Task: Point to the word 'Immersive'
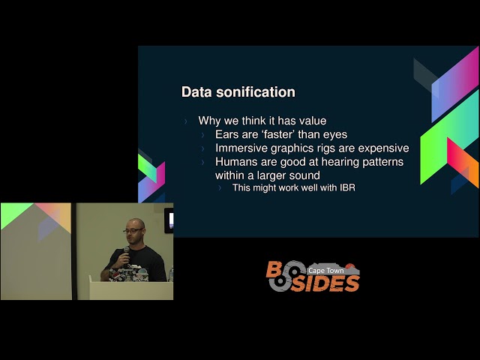click(244, 148)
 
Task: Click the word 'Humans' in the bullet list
click(235, 161)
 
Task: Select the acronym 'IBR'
click(345, 187)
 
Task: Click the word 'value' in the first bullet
click(312, 120)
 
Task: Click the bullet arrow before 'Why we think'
click(187, 120)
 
